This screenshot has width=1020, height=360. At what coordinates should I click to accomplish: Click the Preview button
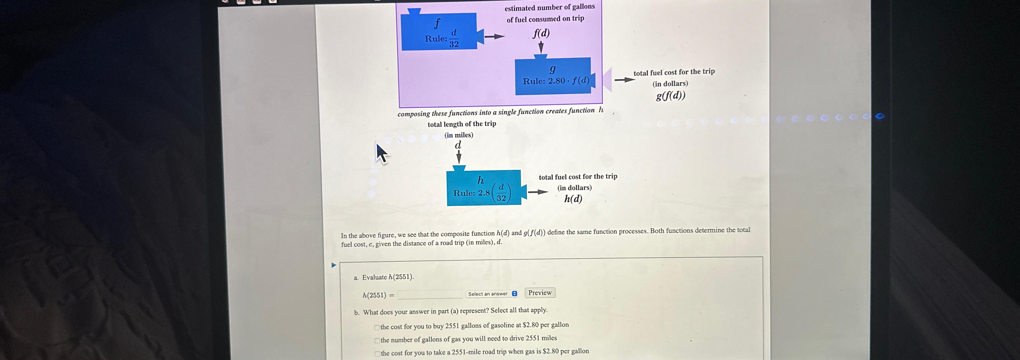coord(540,293)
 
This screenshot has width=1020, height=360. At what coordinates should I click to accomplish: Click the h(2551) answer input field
coord(430,294)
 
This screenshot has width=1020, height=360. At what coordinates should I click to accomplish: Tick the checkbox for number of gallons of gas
coord(377,341)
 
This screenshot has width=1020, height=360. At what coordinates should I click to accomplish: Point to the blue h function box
coord(483,188)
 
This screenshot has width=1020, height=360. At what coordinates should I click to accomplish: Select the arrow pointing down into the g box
coord(541,48)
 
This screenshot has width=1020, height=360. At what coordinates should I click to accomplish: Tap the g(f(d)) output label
coord(670,96)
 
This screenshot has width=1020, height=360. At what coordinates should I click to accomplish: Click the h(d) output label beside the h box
coord(573,199)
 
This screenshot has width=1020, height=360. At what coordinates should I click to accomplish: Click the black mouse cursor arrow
coord(381,153)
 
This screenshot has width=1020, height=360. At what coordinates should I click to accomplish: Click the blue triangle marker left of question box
coord(333,265)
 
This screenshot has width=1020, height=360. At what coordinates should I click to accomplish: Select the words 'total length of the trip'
coord(462,124)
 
